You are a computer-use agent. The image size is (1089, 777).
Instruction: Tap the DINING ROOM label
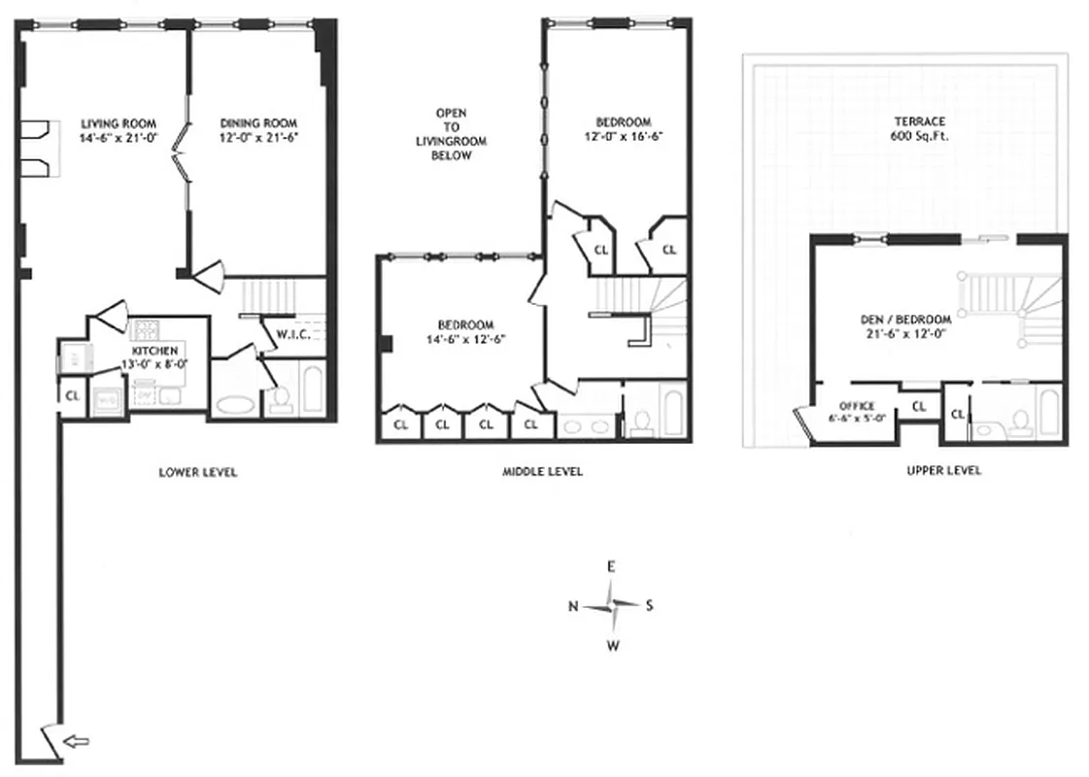[x=258, y=123]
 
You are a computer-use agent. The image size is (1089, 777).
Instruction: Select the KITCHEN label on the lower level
[x=154, y=350]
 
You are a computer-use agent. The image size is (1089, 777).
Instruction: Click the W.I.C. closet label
[x=292, y=336]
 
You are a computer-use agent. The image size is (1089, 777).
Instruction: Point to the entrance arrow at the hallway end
[x=76, y=742]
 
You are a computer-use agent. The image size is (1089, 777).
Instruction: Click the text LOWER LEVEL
[x=198, y=472]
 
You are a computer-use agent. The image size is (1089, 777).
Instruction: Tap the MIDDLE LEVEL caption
[x=542, y=471]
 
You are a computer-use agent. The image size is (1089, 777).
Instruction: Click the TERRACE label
[x=920, y=121]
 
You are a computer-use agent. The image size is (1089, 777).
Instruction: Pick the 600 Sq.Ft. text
[x=920, y=136]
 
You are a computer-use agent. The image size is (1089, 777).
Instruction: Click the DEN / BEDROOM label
[x=905, y=320]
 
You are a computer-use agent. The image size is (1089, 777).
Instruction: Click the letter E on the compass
[x=611, y=566]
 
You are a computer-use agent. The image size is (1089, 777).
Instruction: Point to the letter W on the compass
[x=613, y=644]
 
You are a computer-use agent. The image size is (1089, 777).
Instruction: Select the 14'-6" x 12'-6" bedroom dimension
[x=465, y=339]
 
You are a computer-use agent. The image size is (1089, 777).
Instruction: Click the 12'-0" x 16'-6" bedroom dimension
[x=623, y=136]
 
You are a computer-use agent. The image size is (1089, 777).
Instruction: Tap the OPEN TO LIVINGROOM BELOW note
[x=452, y=134]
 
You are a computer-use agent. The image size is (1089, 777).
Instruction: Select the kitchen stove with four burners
[x=146, y=327]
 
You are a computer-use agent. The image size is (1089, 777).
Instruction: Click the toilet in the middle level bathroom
[x=641, y=422]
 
